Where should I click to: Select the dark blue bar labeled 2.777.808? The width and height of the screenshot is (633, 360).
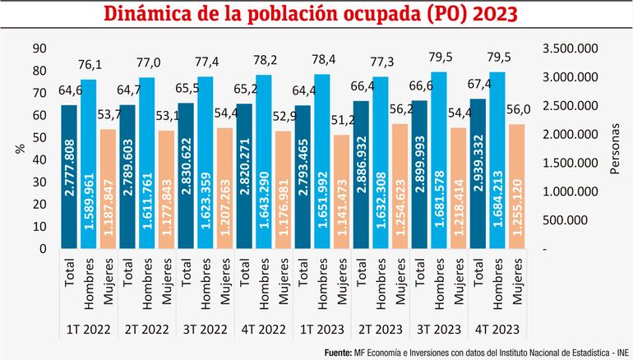coord(69,176)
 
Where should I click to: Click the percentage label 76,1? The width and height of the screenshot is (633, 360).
coord(89,64)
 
